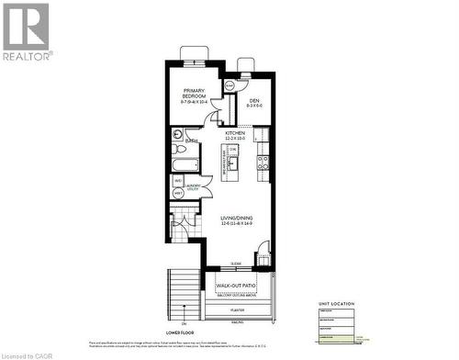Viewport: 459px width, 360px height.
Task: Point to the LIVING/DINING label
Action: click(237, 218)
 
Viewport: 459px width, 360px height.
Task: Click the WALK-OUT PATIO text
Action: click(235, 286)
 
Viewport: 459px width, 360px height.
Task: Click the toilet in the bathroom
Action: click(181, 149)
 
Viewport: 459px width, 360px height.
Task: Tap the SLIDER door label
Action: click(236, 263)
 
